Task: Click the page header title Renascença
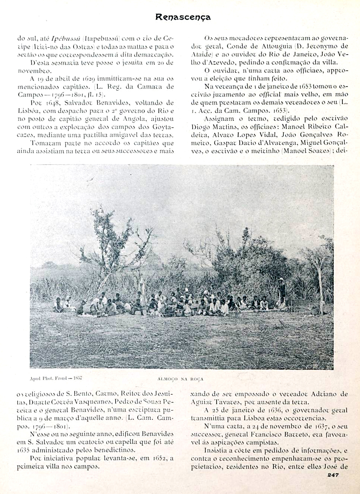[x=183, y=17]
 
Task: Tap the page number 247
[x=333, y=475]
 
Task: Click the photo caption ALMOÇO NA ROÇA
[x=180, y=379]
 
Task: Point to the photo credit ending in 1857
[x=56, y=378]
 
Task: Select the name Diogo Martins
[x=210, y=127]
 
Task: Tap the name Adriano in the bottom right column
[x=326, y=394]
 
